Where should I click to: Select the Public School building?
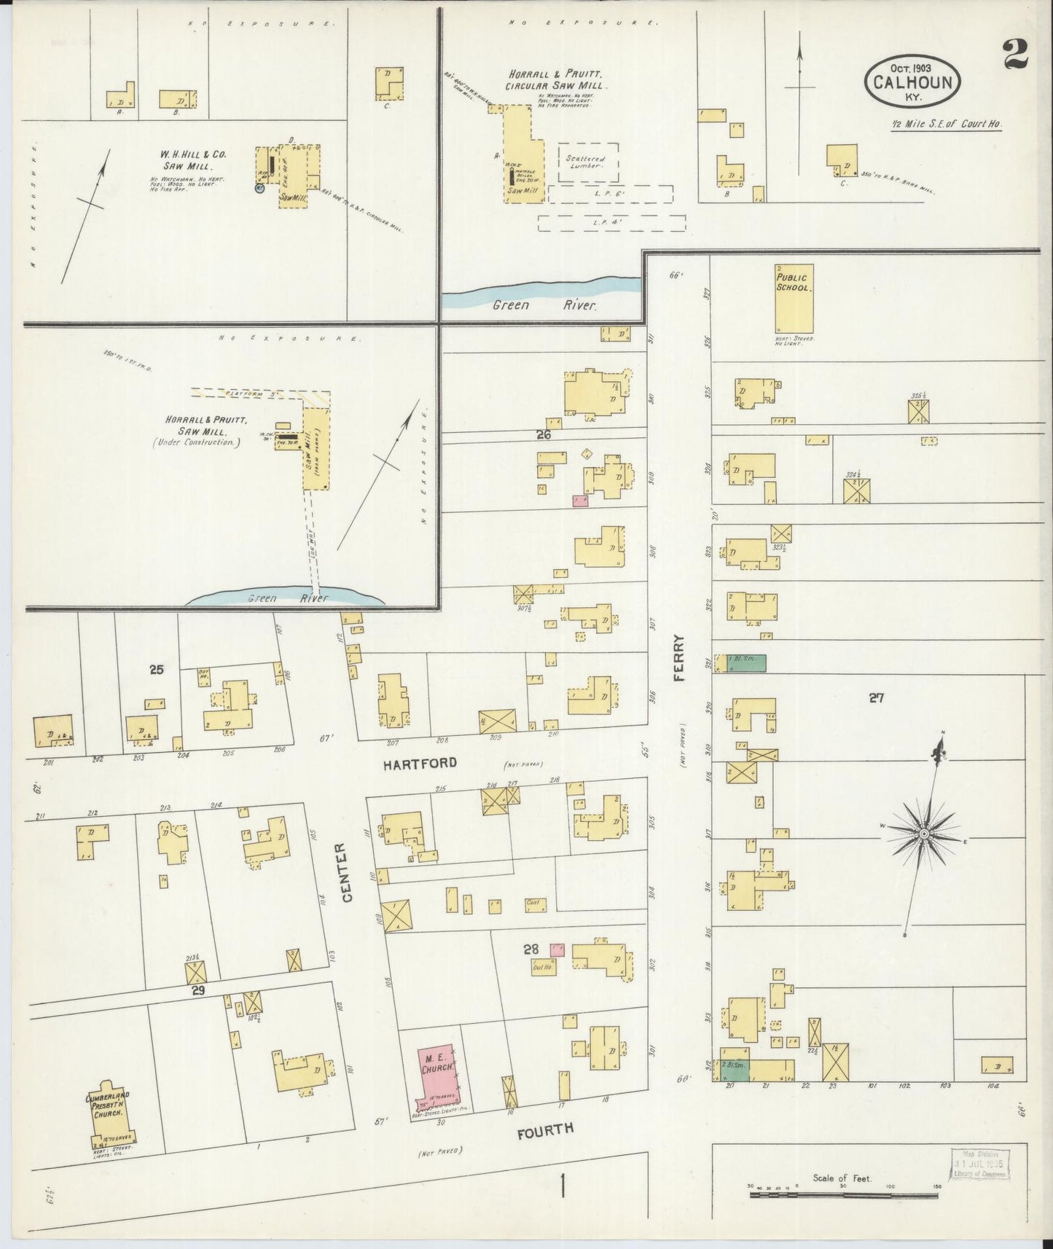coord(794,299)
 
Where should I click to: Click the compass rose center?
coord(923,833)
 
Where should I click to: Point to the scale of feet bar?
coord(845,1194)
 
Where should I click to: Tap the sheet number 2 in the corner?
coord(1015,53)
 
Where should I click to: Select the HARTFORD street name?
coord(421,763)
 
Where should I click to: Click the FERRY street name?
coord(679,657)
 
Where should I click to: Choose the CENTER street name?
coord(346,872)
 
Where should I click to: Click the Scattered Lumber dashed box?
coord(587,162)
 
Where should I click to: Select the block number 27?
coord(876,697)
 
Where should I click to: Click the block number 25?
coord(156,669)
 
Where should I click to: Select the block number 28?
coord(530,949)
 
